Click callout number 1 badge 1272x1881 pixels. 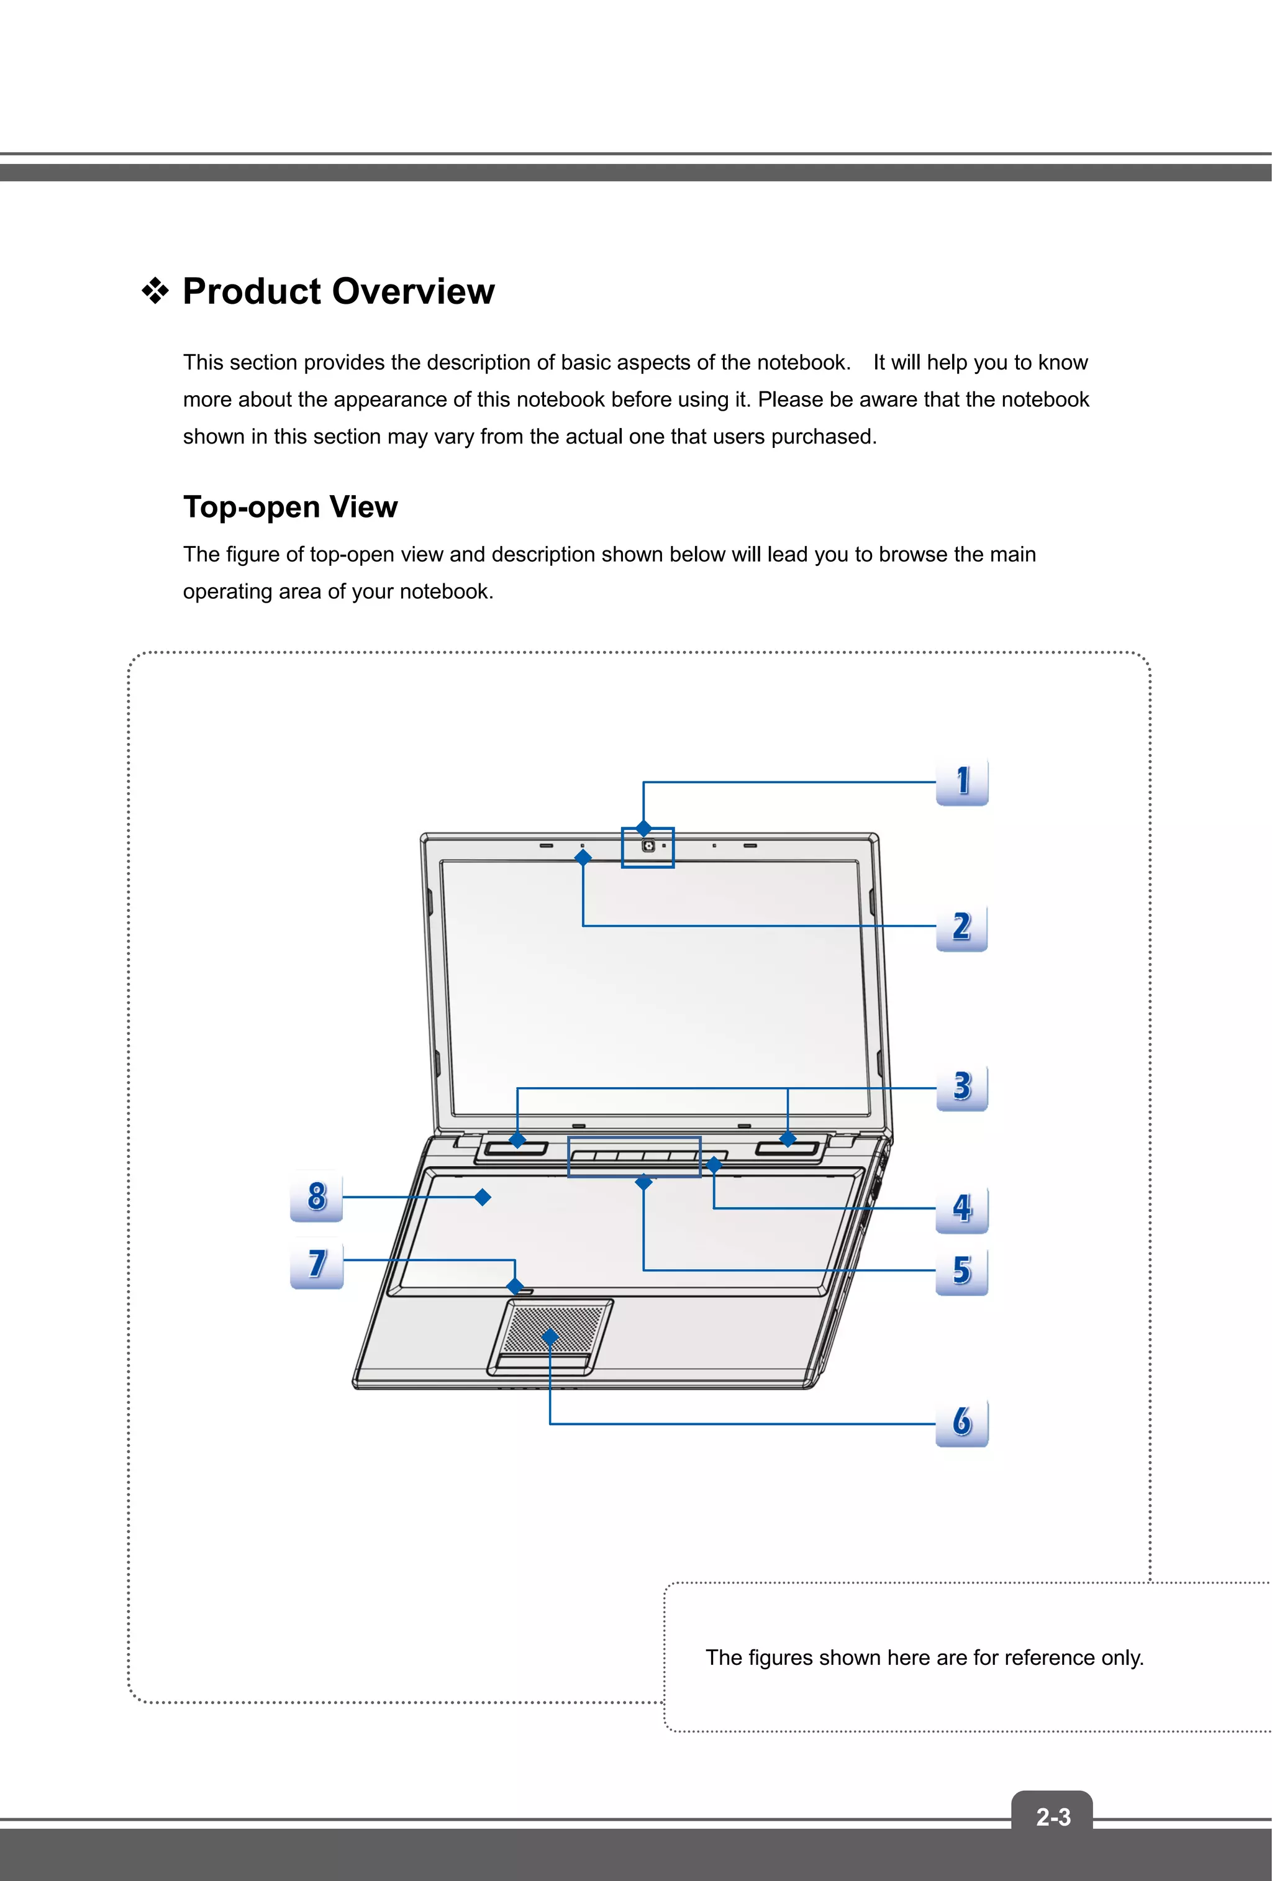tap(961, 782)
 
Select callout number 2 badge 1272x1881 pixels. tap(961, 927)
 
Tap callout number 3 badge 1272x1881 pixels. tap(961, 1087)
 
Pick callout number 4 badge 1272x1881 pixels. tap(961, 1208)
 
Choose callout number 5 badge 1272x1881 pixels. tap(961, 1271)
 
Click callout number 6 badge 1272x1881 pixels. tap(961, 1422)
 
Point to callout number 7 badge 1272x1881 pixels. tap(316, 1264)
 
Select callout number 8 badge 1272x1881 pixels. tap(316, 1196)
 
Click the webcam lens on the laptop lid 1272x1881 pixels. tap(649, 846)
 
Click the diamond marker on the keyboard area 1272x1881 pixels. tap(482, 1197)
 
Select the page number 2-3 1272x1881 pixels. tap(1053, 1818)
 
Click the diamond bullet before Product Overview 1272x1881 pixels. tap(155, 291)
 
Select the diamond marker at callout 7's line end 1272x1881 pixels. tap(516, 1286)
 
